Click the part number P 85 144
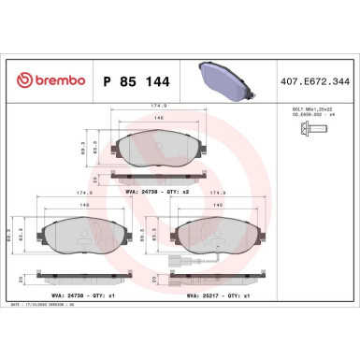coord(132,81)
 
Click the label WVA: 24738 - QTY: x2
coord(158,191)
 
